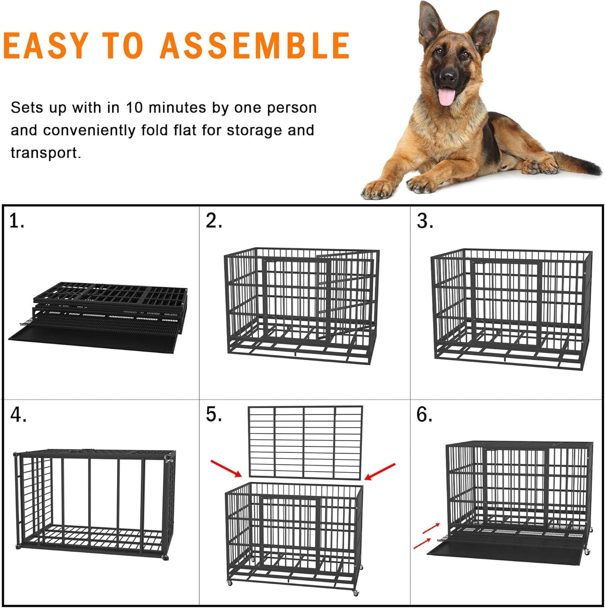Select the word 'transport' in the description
[45, 153]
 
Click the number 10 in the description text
[134, 108]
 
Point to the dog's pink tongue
[445, 97]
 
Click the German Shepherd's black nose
[448, 76]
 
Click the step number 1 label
[16, 221]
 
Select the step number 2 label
[214, 221]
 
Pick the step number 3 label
[425, 221]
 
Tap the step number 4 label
[18, 415]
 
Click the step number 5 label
[214, 415]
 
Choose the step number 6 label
[424, 415]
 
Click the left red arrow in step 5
[226, 468]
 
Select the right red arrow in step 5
[380, 471]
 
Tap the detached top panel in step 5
[305, 442]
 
